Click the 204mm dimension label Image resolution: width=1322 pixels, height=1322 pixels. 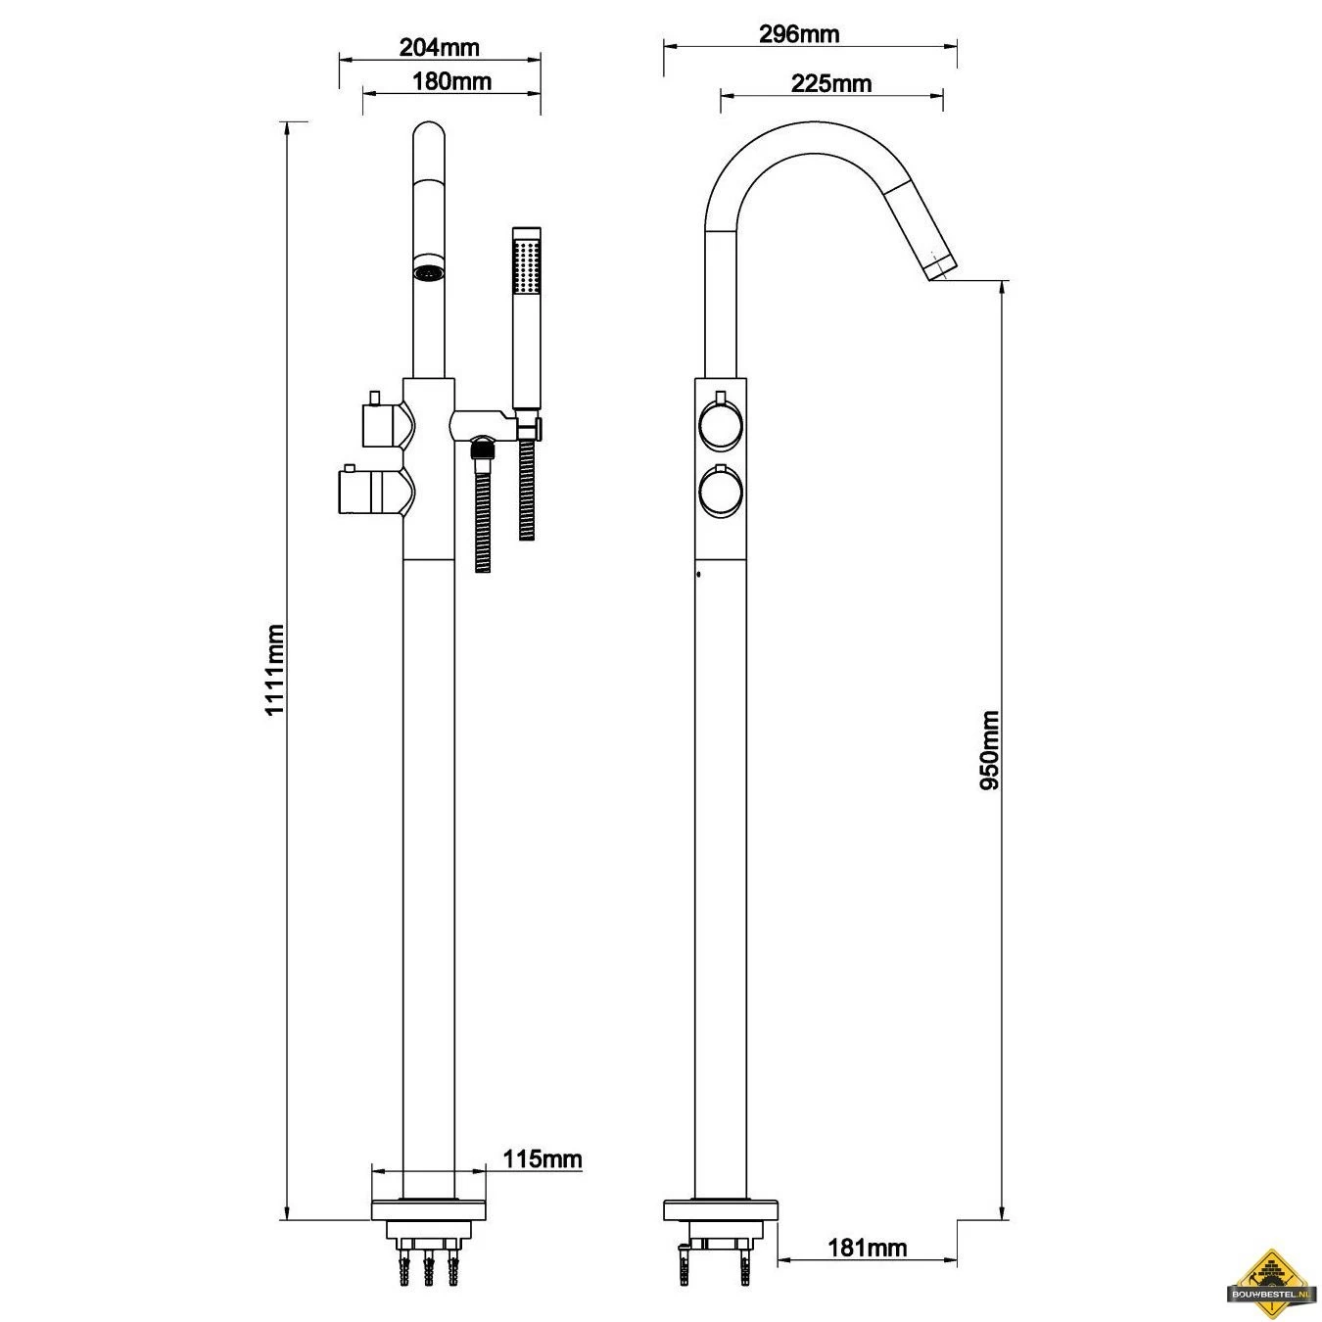point(439,47)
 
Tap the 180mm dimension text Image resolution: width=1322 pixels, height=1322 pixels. point(451,80)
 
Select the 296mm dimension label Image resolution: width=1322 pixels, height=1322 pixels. point(799,34)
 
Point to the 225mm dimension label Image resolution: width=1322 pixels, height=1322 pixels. point(830,83)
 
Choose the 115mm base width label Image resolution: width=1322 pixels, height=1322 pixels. point(542,1159)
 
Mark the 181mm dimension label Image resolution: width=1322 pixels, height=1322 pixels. point(867,1248)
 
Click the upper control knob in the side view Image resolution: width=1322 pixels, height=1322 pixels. point(721,425)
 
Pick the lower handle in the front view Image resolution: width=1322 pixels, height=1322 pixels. point(372,490)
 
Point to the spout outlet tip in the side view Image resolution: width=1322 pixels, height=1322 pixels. point(938,266)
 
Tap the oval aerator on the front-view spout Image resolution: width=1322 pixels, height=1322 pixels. point(428,270)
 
